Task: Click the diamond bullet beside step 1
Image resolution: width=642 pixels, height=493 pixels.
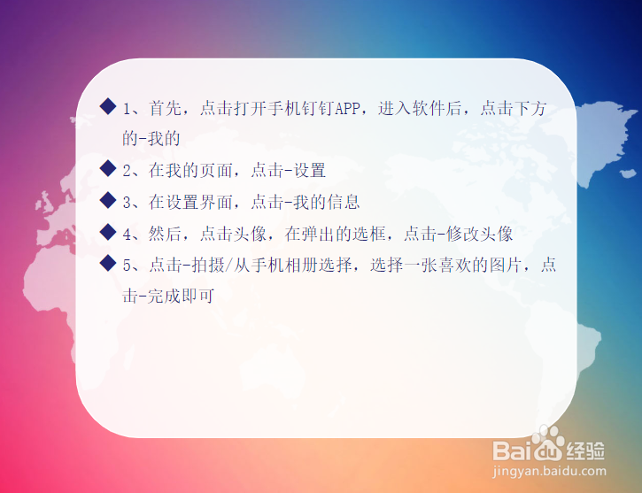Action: click(108, 107)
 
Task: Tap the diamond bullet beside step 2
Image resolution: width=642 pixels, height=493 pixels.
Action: click(108, 168)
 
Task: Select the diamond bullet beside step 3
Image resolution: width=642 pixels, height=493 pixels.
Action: click(108, 200)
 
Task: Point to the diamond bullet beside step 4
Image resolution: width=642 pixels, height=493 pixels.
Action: click(108, 232)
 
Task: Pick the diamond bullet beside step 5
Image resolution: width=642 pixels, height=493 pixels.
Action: click(108, 264)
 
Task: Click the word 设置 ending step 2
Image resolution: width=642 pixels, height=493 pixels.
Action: click(309, 170)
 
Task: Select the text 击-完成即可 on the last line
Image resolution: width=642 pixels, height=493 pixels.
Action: click(168, 297)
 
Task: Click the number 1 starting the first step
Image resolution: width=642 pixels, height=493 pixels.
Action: click(128, 109)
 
